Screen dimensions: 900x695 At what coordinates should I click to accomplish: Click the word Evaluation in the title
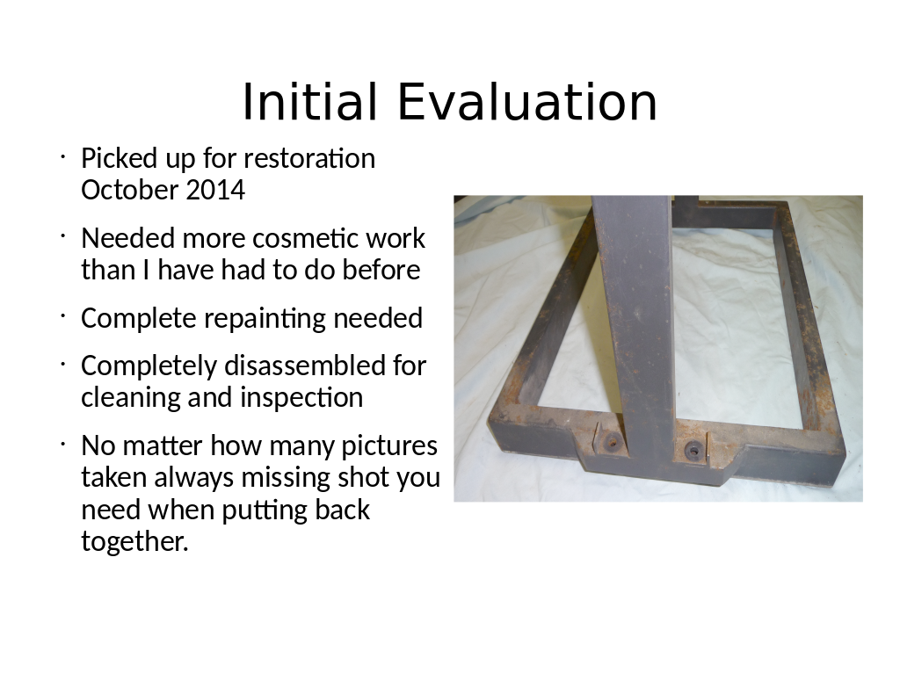pyautogui.click(x=527, y=102)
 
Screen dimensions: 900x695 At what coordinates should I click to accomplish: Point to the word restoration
pyautogui.click(x=309, y=158)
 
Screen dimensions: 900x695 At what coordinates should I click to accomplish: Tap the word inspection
pyautogui.click(x=301, y=398)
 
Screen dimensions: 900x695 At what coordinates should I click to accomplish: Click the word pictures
pyautogui.click(x=389, y=446)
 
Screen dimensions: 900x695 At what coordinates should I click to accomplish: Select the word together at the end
pyautogui.click(x=134, y=542)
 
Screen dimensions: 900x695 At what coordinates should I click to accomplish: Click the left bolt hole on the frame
pyautogui.click(x=612, y=443)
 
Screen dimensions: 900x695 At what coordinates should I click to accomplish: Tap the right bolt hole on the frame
pyautogui.click(x=693, y=451)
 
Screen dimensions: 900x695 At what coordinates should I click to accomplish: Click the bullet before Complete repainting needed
pyautogui.click(x=62, y=315)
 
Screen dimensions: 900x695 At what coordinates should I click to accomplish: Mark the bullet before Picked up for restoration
pyautogui.click(x=62, y=156)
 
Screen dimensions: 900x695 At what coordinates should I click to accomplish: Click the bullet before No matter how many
pyautogui.click(x=62, y=443)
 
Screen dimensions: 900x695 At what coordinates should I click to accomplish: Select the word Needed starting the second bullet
pyautogui.click(x=128, y=238)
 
